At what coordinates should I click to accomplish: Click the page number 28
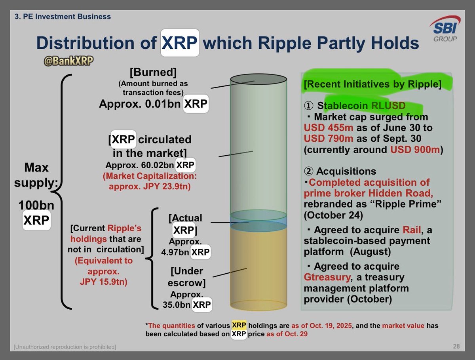tap(456, 347)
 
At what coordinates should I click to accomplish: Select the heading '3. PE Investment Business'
tap(63, 17)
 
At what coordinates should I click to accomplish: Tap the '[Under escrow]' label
tap(187, 277)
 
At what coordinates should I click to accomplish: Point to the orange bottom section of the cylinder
tap(258, 269)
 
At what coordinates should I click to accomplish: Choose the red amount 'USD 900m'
tap(409, 150)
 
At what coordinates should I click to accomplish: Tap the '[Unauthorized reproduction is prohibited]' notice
tap(65, 347)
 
